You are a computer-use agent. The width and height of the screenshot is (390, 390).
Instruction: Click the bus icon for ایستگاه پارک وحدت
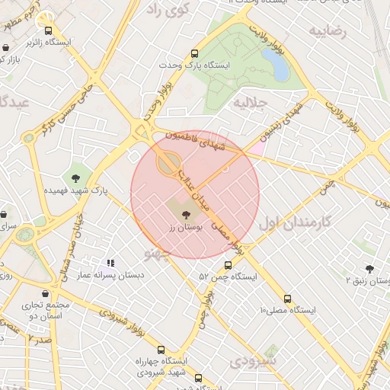195,54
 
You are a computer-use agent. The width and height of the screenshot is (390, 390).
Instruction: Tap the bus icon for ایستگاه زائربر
50,31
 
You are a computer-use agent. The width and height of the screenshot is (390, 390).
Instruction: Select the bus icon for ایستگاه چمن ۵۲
228,265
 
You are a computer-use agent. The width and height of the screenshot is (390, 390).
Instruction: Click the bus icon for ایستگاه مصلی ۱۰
287,299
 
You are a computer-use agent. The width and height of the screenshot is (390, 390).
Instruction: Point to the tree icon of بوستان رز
187,216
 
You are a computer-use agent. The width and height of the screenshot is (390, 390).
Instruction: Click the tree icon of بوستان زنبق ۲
370,269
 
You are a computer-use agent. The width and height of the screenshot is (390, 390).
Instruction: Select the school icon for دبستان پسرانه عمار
110,263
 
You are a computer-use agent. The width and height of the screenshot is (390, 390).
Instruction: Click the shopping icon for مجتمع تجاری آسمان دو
45,293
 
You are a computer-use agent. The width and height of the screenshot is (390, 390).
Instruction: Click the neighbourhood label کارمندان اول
296,222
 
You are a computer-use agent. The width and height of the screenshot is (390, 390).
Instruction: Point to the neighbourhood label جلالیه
251,102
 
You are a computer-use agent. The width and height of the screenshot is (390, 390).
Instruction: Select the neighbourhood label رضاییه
328,31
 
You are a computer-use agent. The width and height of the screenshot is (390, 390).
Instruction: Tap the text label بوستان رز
183,228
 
